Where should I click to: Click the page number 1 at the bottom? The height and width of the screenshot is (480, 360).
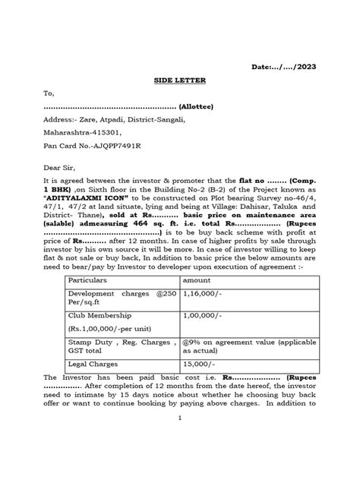click(180, 459)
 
